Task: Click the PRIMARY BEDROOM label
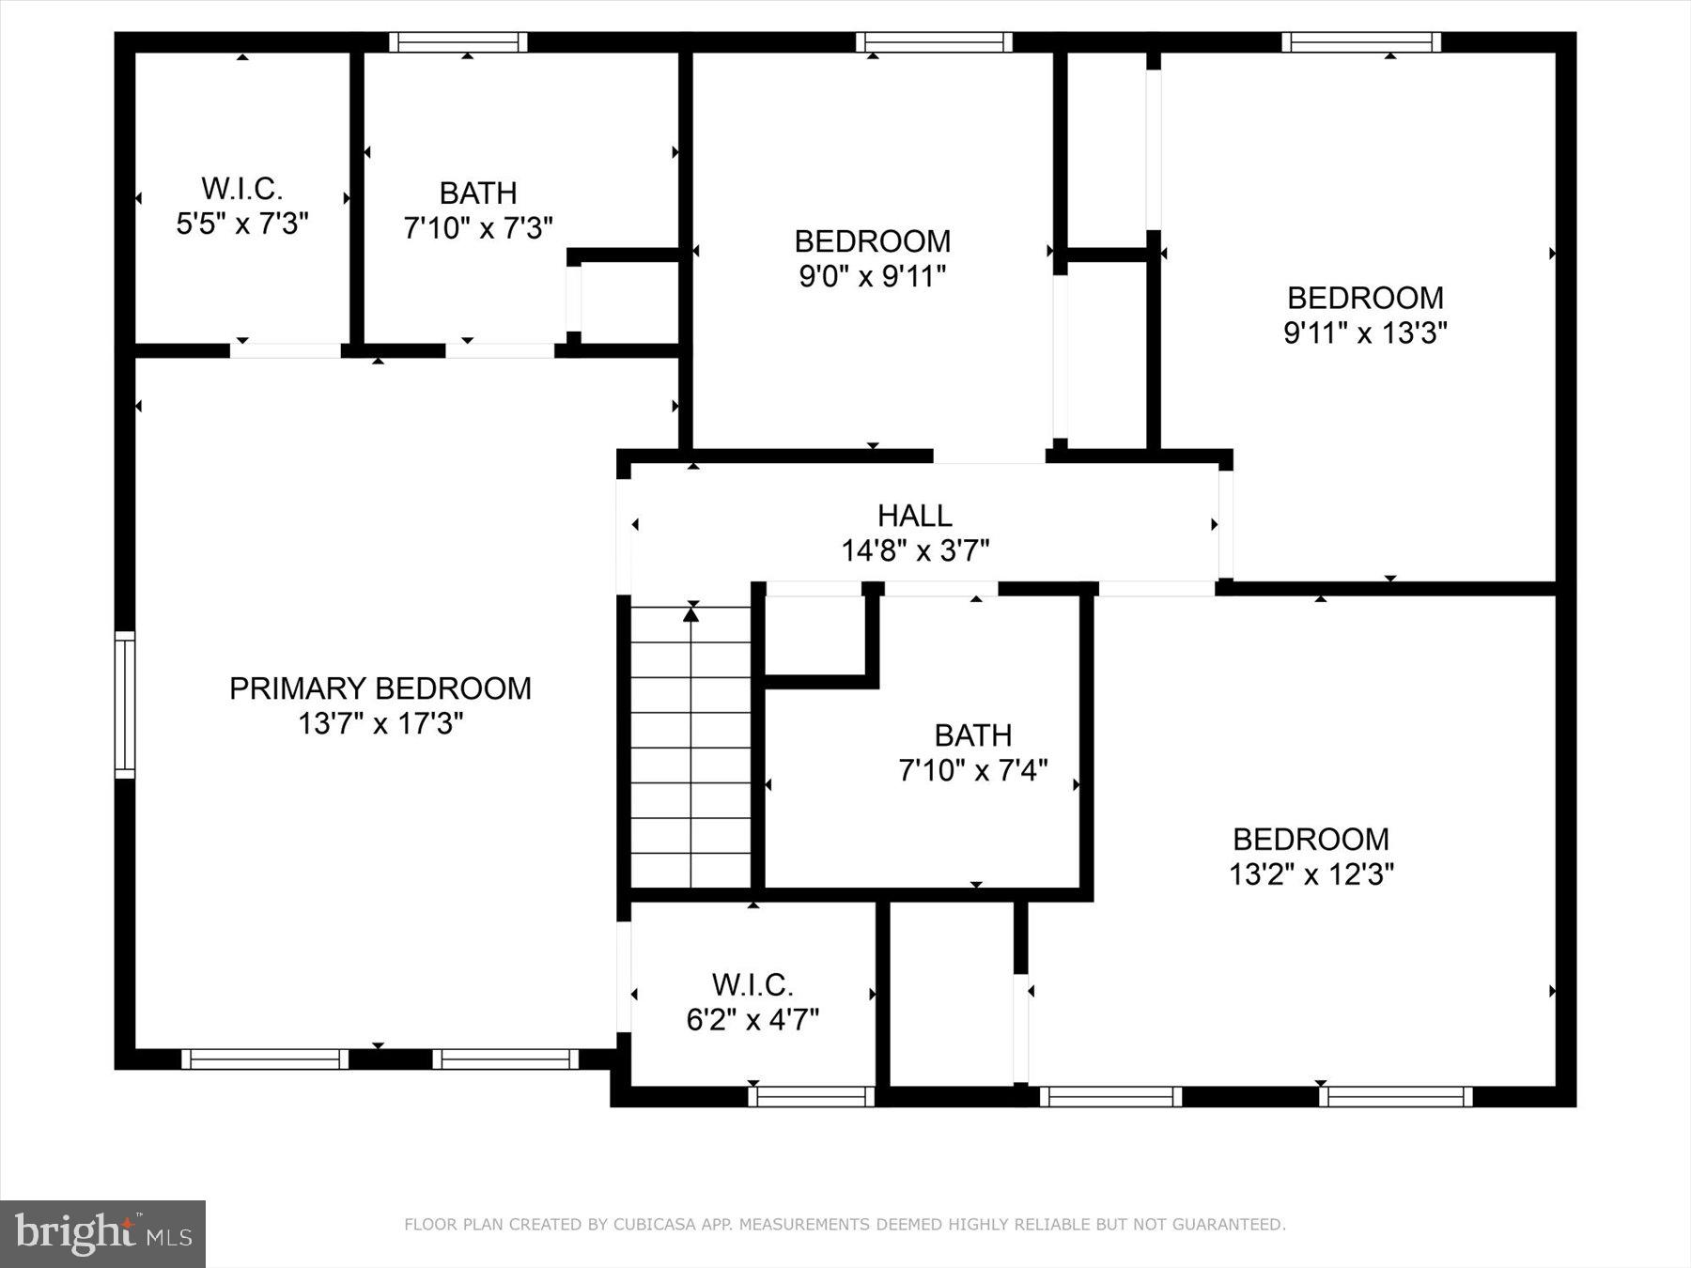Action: [380, 688]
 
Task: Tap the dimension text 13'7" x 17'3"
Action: [380, 724]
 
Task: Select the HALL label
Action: [914, 515]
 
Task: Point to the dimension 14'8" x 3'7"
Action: [914, 550]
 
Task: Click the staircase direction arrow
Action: [691, 615]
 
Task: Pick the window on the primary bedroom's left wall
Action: [125, 704]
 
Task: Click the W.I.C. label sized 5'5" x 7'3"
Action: [241, 189]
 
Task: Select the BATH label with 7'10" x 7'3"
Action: [478, 193]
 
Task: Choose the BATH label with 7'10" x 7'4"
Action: [972, 735]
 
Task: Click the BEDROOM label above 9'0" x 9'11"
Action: [872, 241]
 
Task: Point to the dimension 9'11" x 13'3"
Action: [1364, 333]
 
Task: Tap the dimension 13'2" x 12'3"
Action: [1311, 874]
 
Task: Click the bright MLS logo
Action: [102, 1232]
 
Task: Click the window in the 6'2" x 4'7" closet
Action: [812, 1096]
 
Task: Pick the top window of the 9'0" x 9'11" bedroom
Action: [934, 42]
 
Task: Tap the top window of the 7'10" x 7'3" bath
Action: [458, 42]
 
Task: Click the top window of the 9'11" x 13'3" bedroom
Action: [1360, 42]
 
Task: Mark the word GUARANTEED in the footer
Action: [1231, 1225]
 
